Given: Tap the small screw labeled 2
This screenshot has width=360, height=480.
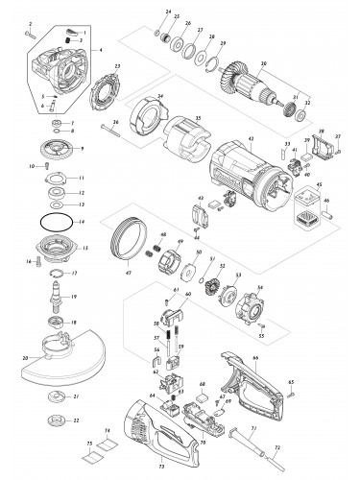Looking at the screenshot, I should click(x=32, y=36).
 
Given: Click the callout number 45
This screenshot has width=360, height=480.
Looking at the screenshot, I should click(x=321, y=186).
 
